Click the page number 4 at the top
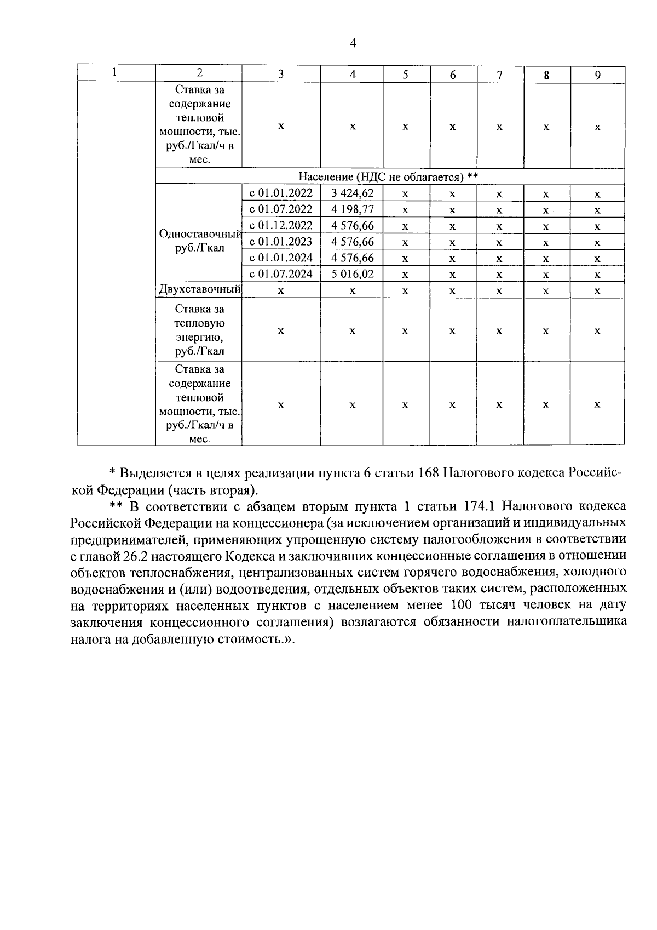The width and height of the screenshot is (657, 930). [353, 43]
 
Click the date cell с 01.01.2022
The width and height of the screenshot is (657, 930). [281, 193]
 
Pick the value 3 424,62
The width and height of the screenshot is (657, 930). [352, 193]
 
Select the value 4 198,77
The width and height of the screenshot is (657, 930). [352, 209]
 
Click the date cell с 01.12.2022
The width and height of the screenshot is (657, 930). [281, 225]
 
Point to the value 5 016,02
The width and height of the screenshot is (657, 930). [352, 274]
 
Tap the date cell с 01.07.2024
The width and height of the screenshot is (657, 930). [281, 274]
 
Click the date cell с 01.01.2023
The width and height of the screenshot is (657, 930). [281, 242]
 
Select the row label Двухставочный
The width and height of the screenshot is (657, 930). [199, 289]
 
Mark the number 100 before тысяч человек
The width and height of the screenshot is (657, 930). [461, 606]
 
